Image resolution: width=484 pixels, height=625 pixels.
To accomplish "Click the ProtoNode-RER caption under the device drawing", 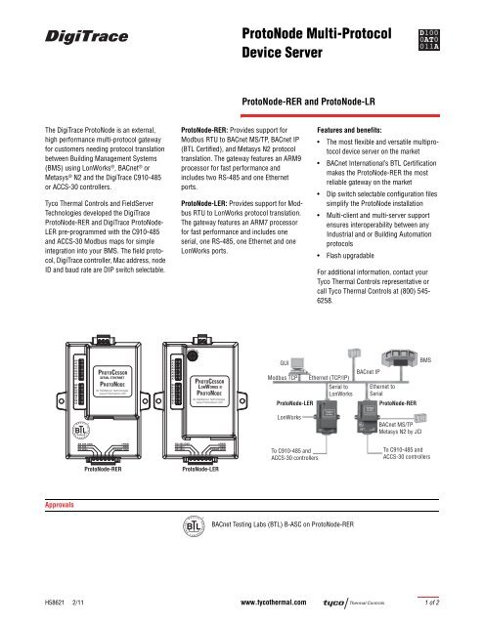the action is click(103, 469).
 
